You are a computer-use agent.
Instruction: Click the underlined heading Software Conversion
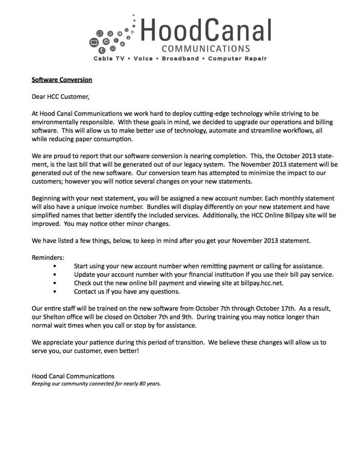61,80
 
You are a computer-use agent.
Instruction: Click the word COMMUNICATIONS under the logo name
206,49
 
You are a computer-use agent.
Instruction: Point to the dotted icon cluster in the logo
112,36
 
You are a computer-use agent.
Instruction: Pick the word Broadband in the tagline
180,59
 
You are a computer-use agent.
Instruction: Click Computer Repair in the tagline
237,59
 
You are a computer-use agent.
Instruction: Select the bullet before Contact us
55,291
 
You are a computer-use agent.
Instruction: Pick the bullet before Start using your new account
55,266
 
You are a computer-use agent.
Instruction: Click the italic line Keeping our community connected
96,384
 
